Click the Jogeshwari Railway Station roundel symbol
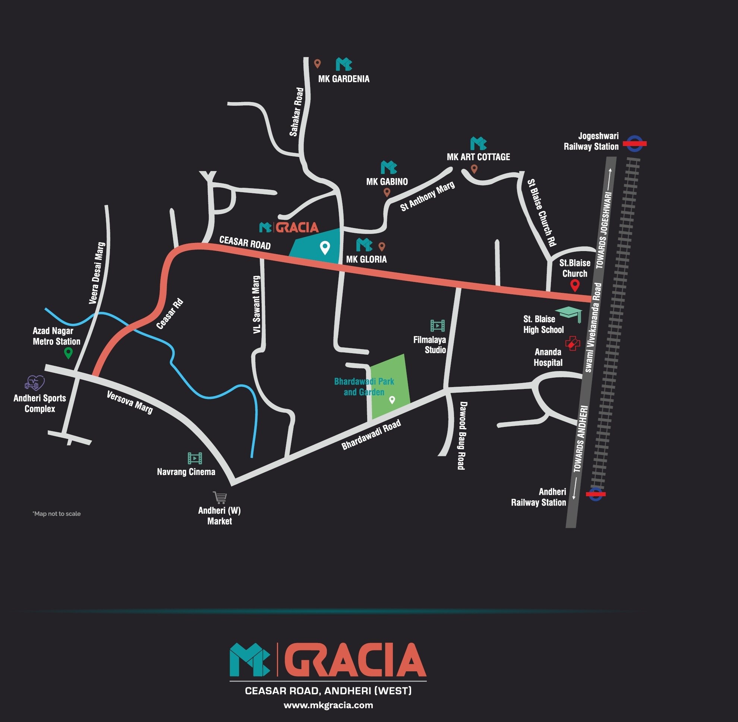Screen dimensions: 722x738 click(634, 144)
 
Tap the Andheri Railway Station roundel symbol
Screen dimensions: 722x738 click(595, 494)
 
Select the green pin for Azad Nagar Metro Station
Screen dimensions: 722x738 click(68, 353)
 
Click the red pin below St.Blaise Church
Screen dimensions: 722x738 click(575, 285)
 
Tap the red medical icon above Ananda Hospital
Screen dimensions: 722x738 click(572, 343)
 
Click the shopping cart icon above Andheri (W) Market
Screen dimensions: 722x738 click(220, 497)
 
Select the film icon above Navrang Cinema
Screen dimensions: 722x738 click(195, 458)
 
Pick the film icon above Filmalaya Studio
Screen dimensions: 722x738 click(437, 325)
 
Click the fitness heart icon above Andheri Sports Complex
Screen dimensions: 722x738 click(35, 383)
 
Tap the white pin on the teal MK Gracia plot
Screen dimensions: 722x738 click(325, 248)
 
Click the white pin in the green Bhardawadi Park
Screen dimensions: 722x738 click(392, 400)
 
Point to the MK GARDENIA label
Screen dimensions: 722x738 click(344, 79)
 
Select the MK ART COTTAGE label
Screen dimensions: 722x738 click(478, 157)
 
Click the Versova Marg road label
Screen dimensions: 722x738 click(130, 402)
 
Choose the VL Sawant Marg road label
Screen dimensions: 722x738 click(257, 305)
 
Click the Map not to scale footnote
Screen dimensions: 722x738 click(57, 514)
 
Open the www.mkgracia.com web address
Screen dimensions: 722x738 click(328, 705)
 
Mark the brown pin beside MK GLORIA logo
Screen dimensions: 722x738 click(382, 247)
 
